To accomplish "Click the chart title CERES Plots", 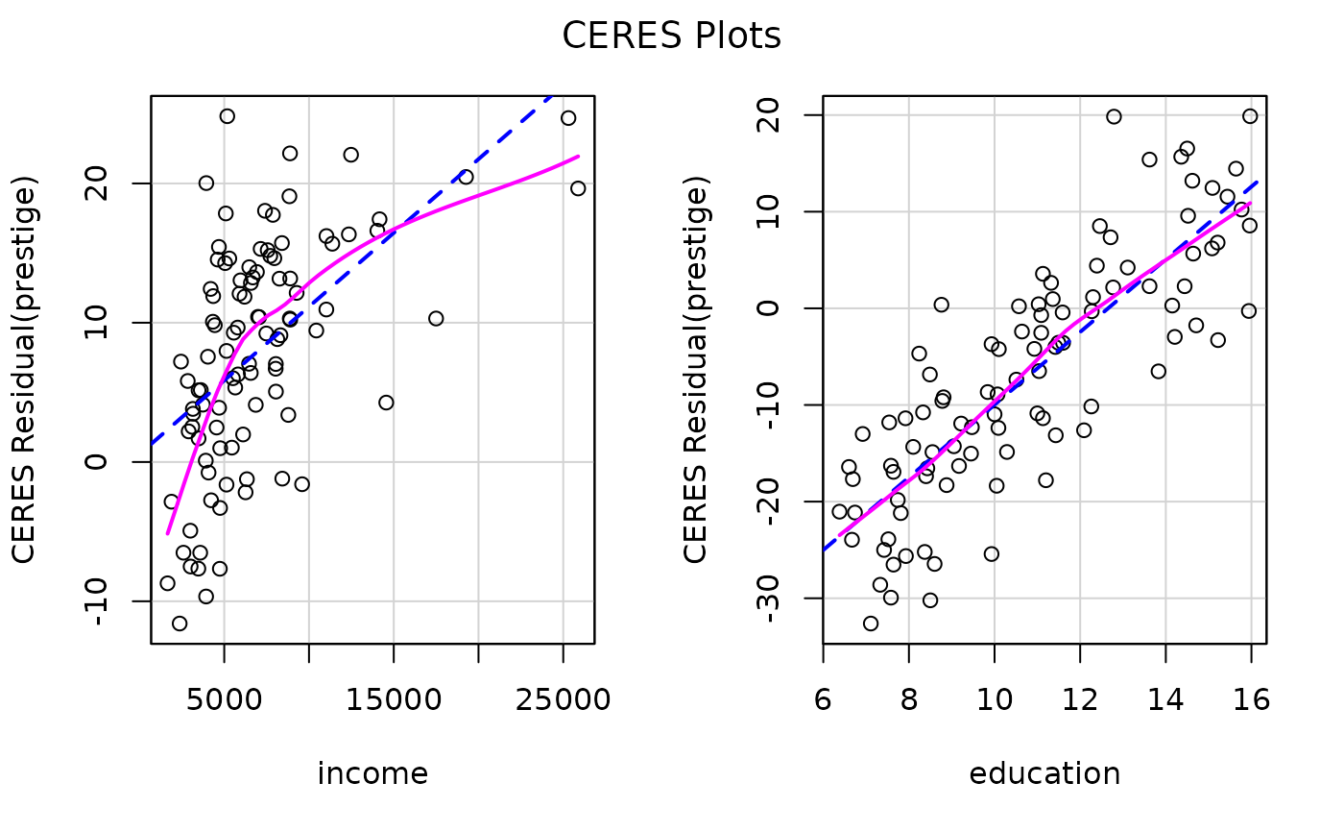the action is pyautogui.click(x=671, y=36).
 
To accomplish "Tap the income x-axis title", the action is pyautogui.click(x=372, y=773).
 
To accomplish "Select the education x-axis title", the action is pyautogui.click(x=1044, y=773).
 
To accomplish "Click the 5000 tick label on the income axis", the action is pyautogui.click(x=224, y=700).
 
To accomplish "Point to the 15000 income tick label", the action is pyautogui.click(x=394, y=700).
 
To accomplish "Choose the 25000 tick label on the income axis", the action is pyautogui.click(x=563, y=700).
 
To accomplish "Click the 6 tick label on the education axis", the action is pyautogui.click(x=823, y=700).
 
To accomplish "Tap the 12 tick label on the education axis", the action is pyautogui.click(x=1080, y=700).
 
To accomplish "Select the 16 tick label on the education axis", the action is pyautogui.click(x=1251, y=700).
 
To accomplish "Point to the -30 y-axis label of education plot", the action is pyautogui.click(x=769, y=598).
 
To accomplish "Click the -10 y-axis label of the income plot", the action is pyautogui.click(x=97, y=600).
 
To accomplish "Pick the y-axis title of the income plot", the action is pyautogui.click(x=25, y=370).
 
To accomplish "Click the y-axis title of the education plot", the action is pyautogui.click(x=697, y=370).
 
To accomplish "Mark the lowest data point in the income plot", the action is pyautogui.click(x=180, y=624).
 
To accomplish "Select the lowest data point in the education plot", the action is pyautogui.click(x=871, y=624).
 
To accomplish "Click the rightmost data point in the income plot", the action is pyautogui.click(x=578, y=188).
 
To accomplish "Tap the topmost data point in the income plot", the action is pyautogui.click(x=227, y=116).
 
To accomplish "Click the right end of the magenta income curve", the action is pyautogui.click(x=579, y=156).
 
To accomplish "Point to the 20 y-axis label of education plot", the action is pyautogui.click(x=769, y=114).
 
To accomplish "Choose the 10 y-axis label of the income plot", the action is pyautogui.click(x=97, y=323).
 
